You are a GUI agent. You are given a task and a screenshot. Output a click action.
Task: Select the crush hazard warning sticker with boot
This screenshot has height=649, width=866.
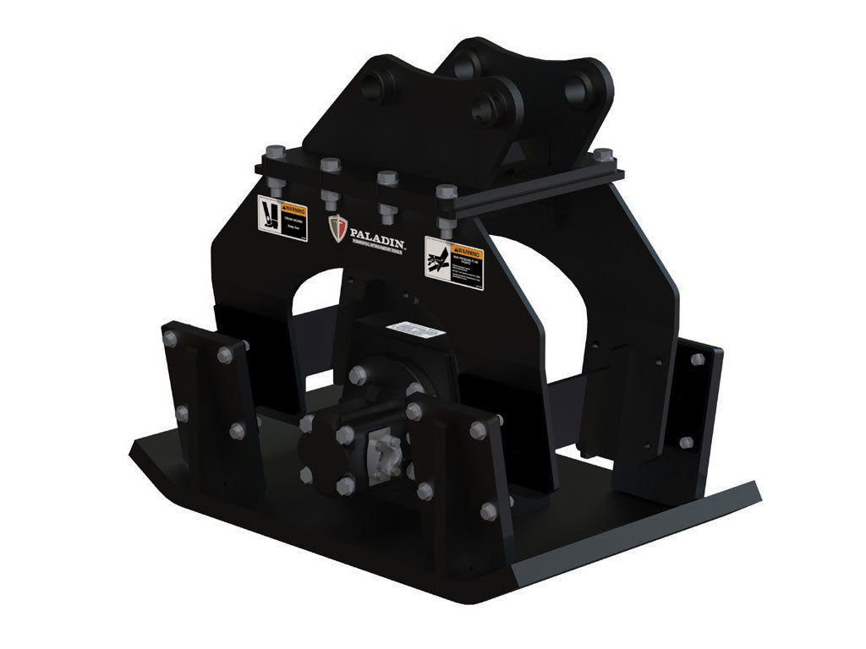click(281, 219)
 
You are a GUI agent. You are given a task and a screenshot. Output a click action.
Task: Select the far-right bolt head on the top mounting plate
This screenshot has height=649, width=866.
click(602, 155)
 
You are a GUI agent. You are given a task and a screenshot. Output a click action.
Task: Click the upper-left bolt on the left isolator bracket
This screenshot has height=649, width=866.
click(170, 338)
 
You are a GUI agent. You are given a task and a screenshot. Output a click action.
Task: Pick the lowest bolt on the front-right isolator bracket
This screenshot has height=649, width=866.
click(489, 511)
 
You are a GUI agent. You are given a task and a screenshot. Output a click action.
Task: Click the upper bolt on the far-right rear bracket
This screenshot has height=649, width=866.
click(698, 361)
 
